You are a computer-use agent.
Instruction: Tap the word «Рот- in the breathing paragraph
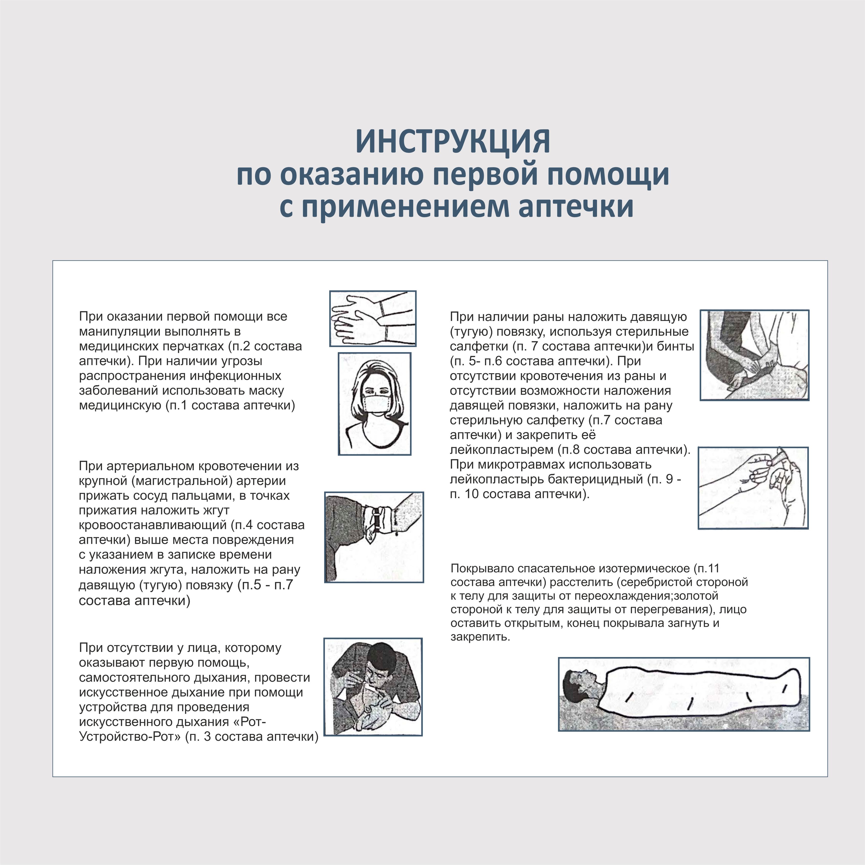pos(250,722)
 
